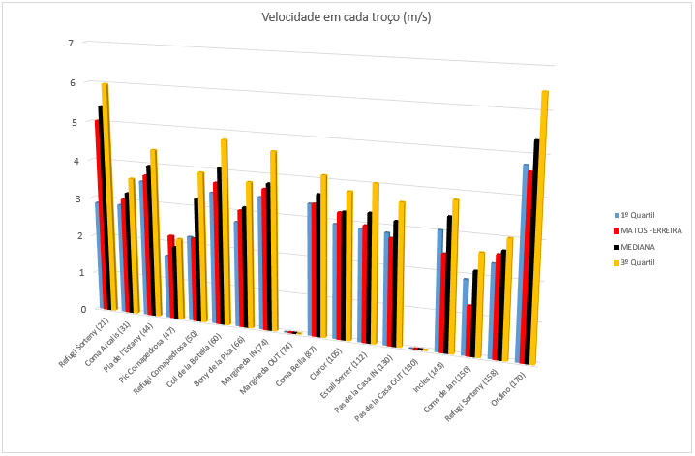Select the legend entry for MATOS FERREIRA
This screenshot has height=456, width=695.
650,231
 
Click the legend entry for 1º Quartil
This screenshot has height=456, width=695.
644,215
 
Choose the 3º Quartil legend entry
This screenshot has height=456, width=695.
644,263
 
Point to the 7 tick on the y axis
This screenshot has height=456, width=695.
70,44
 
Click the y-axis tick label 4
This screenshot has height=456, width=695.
70,161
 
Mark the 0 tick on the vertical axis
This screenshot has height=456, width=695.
70,310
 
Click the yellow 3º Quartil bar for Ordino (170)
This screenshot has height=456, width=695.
544,223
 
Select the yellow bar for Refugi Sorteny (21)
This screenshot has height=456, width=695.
106,194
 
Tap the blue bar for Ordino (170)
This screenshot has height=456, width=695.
524,261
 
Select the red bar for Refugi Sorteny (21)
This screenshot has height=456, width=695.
97,213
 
